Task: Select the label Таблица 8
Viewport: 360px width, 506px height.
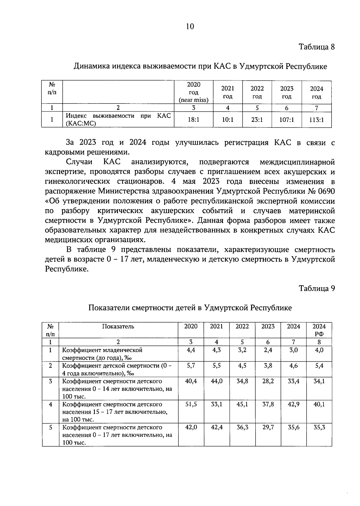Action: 316,47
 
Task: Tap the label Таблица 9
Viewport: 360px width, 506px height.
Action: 316,288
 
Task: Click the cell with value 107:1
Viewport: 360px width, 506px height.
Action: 287,120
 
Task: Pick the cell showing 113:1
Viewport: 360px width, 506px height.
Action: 316,120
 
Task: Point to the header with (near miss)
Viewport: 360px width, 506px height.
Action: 193,100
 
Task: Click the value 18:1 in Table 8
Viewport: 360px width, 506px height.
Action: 193,120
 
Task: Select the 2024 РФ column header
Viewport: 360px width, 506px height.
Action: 319,330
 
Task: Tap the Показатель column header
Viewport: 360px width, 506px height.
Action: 118,327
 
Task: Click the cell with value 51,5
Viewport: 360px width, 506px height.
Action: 191,404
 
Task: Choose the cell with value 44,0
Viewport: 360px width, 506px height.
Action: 217,381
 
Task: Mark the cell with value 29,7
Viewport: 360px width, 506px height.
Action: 268,427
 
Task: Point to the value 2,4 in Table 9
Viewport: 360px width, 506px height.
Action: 268,350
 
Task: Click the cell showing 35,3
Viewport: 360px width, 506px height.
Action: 319,427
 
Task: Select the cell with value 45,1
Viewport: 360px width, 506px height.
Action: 242,404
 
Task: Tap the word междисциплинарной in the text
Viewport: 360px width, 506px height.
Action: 297,162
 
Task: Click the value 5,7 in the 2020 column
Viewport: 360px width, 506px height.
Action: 191,366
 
